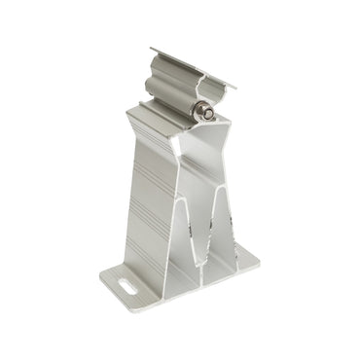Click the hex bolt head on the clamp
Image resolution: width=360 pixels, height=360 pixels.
pos(206,113)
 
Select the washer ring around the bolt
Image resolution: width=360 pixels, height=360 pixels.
pos(200,112)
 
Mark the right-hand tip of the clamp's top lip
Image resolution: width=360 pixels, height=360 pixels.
pos(234,86)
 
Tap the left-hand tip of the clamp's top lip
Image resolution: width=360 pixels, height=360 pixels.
pos(152,50)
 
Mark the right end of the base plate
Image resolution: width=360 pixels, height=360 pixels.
pos(257,258)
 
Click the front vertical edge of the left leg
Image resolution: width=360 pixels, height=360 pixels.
pos(181,224)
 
